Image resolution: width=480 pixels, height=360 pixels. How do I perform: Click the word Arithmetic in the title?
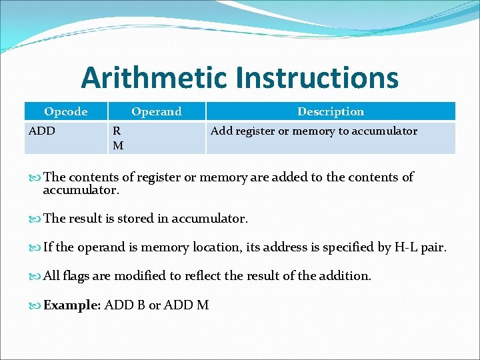pos(154,78)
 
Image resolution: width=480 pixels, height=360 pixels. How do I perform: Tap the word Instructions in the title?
pos(317,78)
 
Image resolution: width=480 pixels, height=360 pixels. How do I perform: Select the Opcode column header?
pos(65,111)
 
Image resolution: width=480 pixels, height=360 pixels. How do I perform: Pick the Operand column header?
pos(156,111)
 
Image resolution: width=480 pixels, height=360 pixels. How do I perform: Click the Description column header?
pos(331,111)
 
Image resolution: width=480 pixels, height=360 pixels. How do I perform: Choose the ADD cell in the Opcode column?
pos(42,131)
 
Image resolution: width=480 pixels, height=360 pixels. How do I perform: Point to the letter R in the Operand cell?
pos(117,131)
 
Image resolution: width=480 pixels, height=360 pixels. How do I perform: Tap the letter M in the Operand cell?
pos(117,145)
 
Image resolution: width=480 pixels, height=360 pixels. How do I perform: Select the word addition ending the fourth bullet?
pos(345,276)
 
